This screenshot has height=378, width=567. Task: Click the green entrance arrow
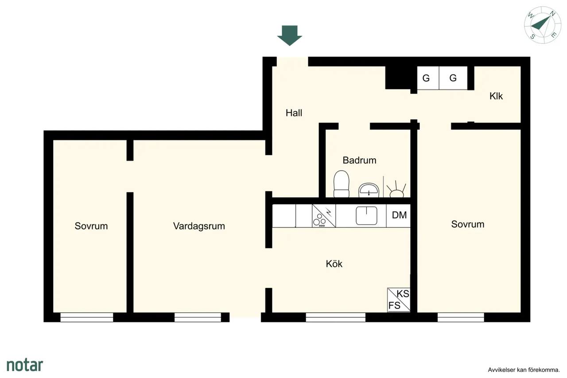[290, 35]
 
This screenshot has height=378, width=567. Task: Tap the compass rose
[543, 25]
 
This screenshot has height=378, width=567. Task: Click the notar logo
[25, 365]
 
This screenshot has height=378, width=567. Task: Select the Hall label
[294, 113]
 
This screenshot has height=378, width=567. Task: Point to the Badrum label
[359, 160]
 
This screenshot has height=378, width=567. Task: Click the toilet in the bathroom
[342, 184]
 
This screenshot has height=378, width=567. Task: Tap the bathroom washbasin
[369, 190]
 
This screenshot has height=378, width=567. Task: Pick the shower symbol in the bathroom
[396, 189]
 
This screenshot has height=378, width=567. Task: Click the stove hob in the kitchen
[324, 216]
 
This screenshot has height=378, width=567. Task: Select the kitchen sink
[366, 216]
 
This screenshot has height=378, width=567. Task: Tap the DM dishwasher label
[399, 215]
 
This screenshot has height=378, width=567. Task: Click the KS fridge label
[403, 294]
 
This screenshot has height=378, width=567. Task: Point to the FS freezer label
[394, 305]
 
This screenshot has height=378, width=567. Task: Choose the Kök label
[334, 264]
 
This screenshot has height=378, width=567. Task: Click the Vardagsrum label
[199, 226]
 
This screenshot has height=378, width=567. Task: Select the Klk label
[496, 96]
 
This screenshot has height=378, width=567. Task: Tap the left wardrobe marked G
[428, 78]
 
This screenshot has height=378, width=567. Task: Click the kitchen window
[336, 317]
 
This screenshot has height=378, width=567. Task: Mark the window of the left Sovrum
[86, 317]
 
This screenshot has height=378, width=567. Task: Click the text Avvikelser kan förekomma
[524, 370]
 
